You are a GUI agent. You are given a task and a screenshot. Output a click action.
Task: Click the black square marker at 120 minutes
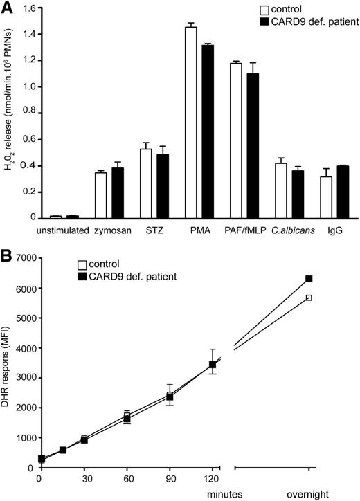coord(213,364)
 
